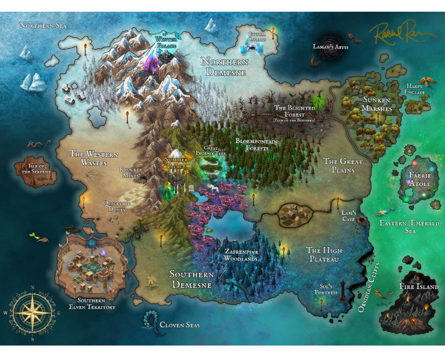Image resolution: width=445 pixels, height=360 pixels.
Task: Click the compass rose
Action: click(32, 312)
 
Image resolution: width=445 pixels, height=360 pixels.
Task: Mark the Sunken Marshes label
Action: click(377, 104)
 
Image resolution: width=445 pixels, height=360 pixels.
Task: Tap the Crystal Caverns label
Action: click(256, 37)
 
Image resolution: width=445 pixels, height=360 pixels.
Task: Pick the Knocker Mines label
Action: click(131, 172)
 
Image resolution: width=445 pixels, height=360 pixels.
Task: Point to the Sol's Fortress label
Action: click(325, 289)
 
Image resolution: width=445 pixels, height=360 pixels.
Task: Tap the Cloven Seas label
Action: click(179, 324)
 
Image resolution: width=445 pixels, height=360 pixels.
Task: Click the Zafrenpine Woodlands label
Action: click(240, 255)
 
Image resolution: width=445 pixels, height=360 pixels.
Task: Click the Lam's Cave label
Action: click(348, 215)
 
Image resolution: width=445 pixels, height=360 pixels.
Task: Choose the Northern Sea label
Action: click(43, 25)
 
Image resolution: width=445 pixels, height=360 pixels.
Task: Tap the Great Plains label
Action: click(343, 165)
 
